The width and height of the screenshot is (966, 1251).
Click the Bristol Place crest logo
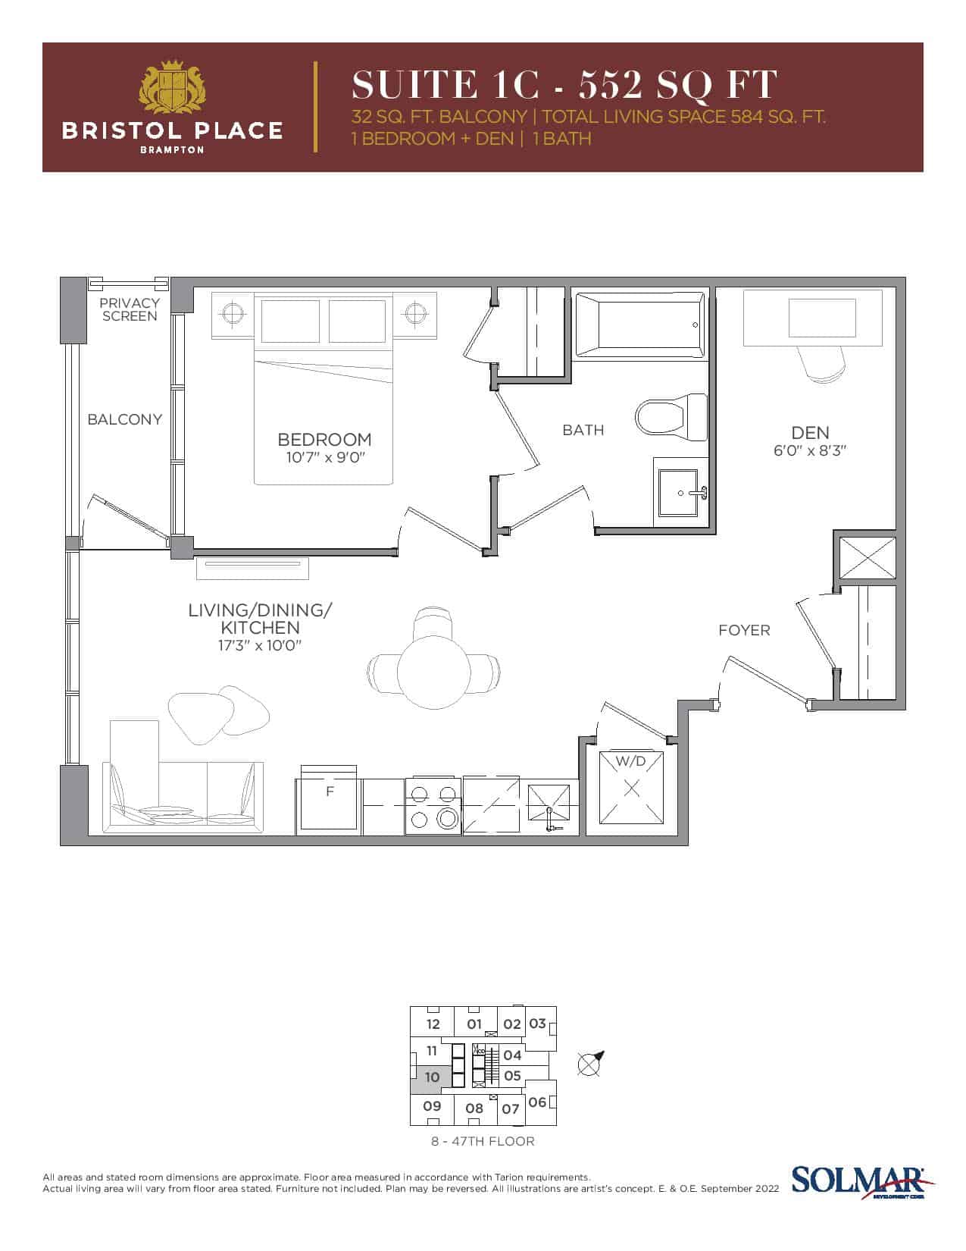[x=173, y=86]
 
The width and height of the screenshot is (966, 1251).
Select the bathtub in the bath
[x=639, y=326]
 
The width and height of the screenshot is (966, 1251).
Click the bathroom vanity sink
[x=680, y=493]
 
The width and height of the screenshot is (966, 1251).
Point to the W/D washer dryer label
[x=630, y=762]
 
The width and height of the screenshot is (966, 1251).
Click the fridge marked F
[x=329, y=800]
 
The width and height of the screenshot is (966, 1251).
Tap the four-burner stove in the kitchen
[x=433, y=806]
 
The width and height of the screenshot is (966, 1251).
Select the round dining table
[x=434, y=672]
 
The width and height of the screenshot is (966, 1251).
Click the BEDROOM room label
[x=324, y=439]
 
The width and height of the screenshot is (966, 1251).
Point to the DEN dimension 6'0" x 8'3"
[x=809, y=451]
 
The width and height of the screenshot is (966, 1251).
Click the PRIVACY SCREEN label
[x=130, y=309]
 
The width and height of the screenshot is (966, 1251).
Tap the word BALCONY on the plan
[x=125, y=419]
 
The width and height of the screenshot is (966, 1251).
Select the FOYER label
[x=744, y=630]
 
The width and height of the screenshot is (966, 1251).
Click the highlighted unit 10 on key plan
[x=429, y=1077]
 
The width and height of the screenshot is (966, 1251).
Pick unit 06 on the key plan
[x=538, y=1102]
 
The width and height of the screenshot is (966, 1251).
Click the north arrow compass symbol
[x=590, y=1063]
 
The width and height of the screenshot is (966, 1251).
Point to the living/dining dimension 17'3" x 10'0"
[x=259, y=645]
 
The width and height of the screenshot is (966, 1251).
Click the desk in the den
[x=812, y=318]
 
